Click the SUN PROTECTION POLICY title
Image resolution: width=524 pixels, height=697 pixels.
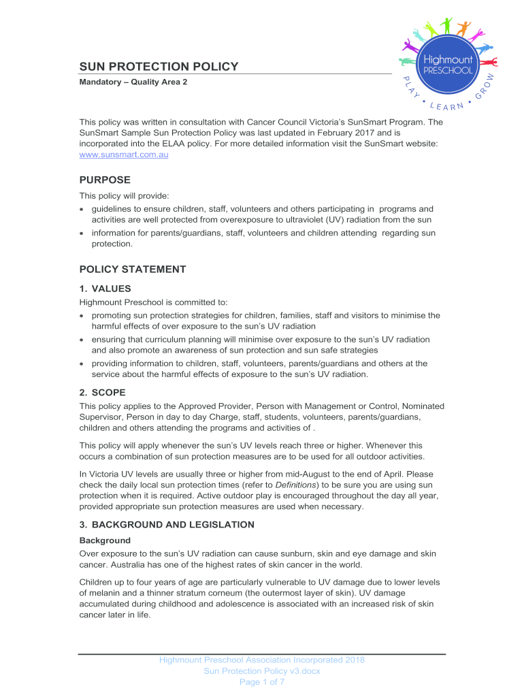pos(159,67)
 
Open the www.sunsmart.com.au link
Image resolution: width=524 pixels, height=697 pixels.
pos(124,155)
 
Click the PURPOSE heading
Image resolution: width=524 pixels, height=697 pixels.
pos(105,180)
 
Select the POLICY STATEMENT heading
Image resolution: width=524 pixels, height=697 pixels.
pos(132,270)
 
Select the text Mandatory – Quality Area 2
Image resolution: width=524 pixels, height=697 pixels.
pos(133,82)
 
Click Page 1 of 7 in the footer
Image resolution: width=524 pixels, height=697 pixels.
pos(262,683)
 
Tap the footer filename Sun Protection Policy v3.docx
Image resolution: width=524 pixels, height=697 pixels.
pos(262,671)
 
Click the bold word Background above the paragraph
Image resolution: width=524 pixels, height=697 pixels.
pos(105,540)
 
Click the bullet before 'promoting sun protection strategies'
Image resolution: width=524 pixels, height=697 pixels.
pos(82,316)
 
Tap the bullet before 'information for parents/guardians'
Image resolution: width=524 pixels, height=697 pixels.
pos(82,233)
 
